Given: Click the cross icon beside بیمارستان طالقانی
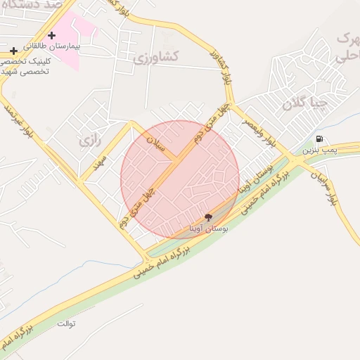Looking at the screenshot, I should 51,35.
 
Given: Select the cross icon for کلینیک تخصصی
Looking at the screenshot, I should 14,51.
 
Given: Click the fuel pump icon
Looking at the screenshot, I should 320,139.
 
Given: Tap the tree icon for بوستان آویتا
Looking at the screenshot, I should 207,217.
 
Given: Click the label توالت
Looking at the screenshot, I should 67,324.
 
